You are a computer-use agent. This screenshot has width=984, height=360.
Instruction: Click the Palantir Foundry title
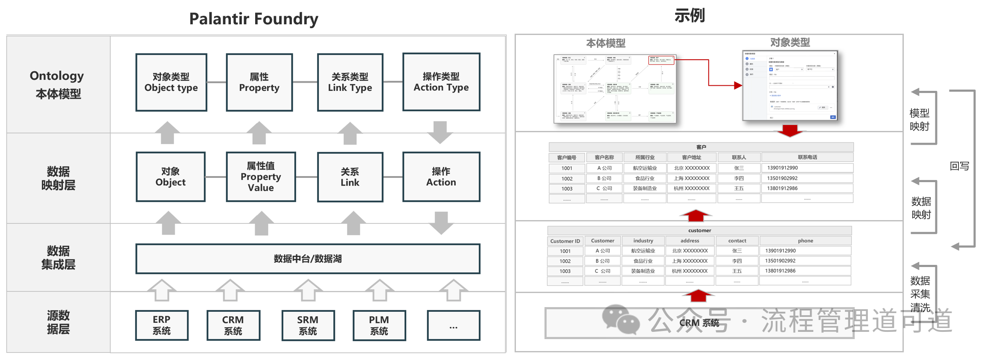tap(253, 19)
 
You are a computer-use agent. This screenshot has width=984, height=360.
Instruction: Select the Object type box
tap(171, 82)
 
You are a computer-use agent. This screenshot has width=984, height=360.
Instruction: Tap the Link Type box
tap(350, 82)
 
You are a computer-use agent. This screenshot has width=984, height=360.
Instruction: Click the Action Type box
tap(441, 82)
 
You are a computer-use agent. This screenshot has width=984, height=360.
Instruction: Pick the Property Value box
tap(261, 177)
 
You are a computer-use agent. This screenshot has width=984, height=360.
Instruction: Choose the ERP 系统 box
tap(162, 325)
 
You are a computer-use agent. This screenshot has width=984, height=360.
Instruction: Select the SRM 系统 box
tap(308, 325)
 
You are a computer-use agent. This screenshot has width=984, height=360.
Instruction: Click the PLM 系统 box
tap(379, 325)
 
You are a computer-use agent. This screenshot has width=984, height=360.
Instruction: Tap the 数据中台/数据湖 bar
tap(308, 258)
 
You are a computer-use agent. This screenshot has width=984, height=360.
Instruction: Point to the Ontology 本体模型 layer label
tap(58, 84)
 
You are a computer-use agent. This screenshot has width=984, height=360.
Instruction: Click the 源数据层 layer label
tap(58, 322)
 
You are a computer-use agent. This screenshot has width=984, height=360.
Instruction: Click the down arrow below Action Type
tap(440, 132)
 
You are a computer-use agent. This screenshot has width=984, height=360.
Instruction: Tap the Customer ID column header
tap(565, 241)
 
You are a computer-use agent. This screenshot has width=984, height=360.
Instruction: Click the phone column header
tap(805, 241)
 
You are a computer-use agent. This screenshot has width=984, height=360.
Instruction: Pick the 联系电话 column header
tap(807, 157)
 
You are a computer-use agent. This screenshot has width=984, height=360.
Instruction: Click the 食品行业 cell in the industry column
tap(643, 261)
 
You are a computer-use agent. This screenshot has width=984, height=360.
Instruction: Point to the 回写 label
tap(959, 166)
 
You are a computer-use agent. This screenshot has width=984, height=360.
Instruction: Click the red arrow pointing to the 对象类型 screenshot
tap(737, 85)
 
